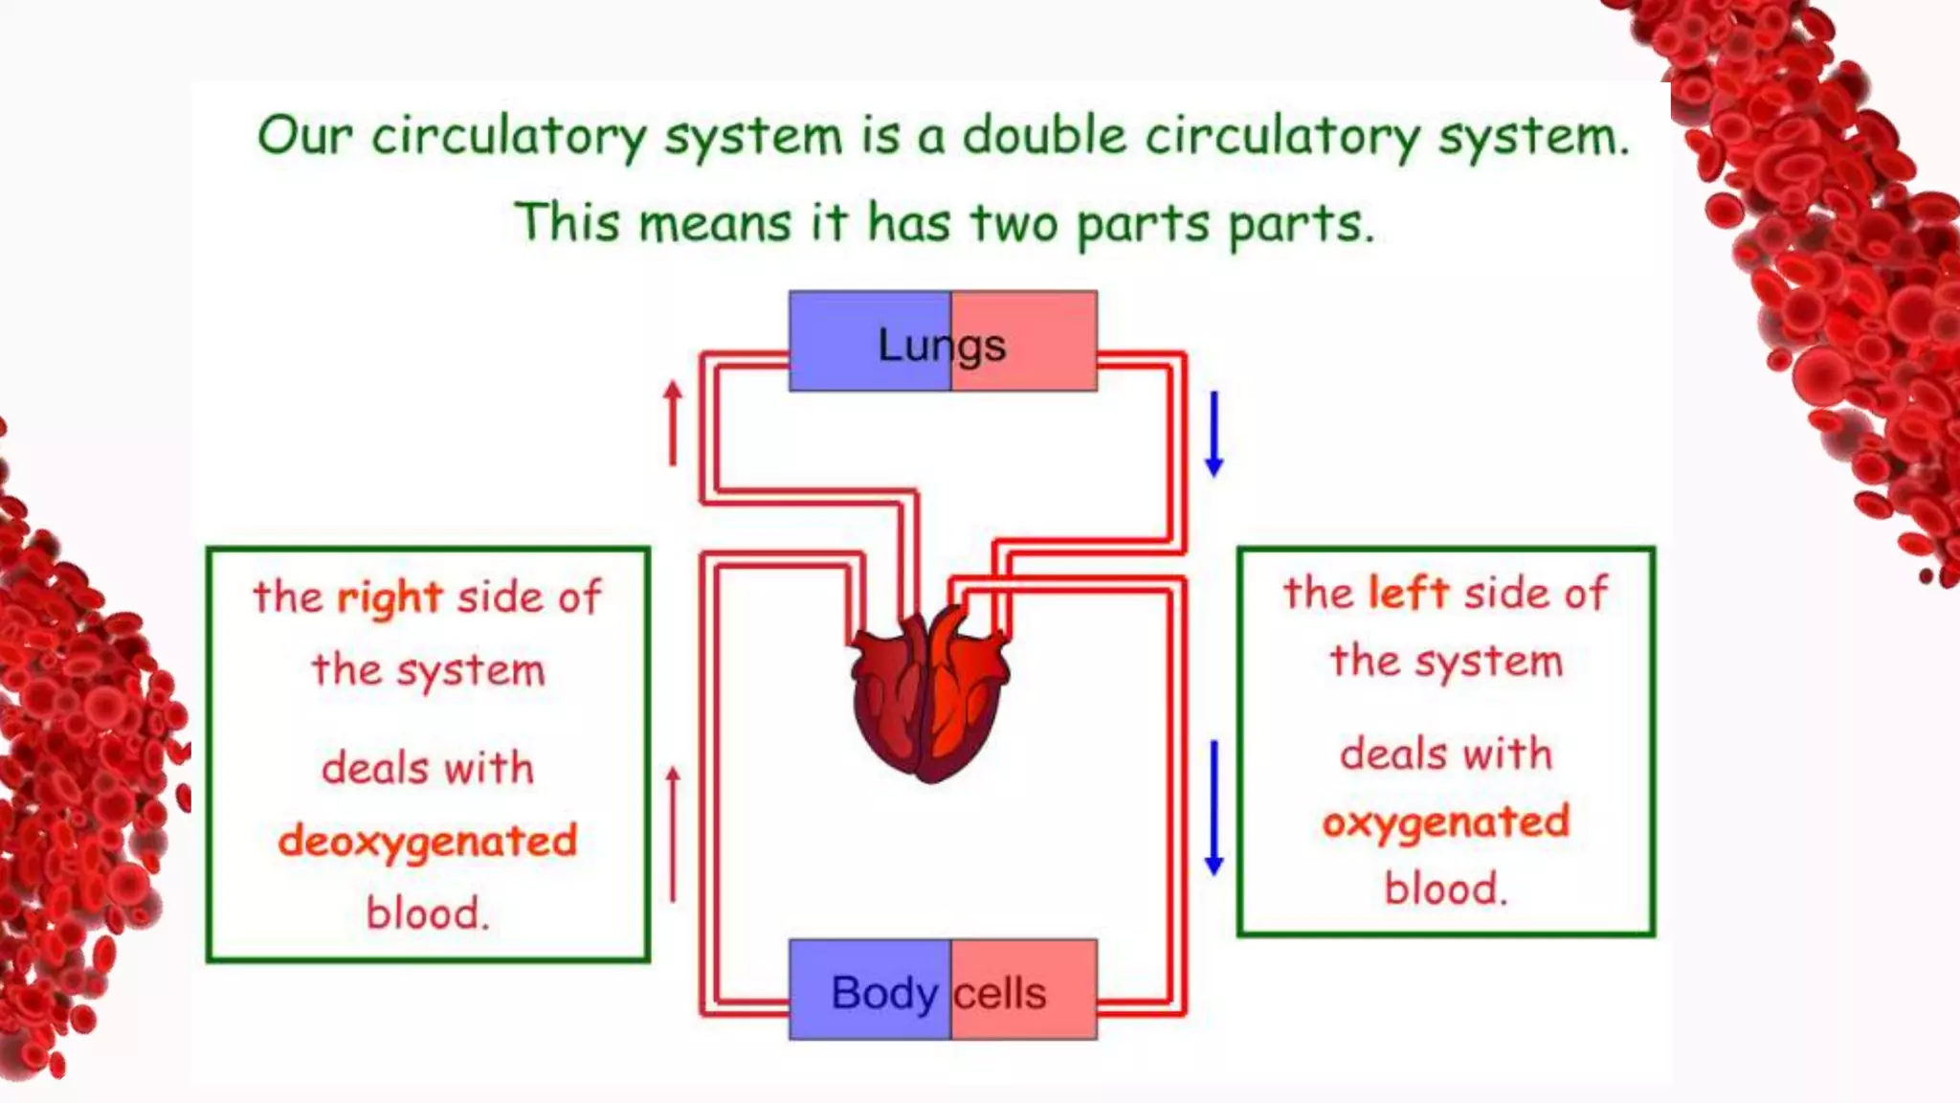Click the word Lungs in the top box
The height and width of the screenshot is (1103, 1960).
(942, 346)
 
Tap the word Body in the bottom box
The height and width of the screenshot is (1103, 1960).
(884, 993)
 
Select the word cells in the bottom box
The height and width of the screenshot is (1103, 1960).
(1000, 993)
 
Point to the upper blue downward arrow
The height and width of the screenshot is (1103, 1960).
(1214, 434)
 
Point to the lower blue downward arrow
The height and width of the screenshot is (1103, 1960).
(1214, 807)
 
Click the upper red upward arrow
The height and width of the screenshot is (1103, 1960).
(673, 423)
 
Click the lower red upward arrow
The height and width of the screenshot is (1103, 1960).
(673, 833)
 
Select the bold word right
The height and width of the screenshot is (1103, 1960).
(390, 598)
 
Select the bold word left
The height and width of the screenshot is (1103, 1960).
(1409, 593)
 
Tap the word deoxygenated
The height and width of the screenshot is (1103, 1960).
(428, 842)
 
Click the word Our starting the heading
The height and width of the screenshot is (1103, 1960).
(304, 135)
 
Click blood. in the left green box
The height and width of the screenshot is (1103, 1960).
(428, 913)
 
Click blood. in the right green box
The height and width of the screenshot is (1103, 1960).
(1446, 889)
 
